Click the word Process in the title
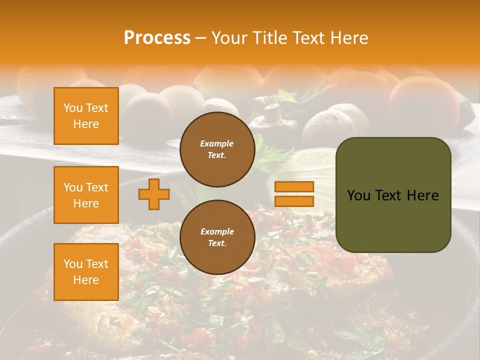157,38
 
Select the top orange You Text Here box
86,116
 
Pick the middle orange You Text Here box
86,195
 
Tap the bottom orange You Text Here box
86,272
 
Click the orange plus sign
153,194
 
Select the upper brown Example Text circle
217,149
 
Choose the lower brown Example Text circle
217,237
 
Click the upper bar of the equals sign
294,187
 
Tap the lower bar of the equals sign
294,201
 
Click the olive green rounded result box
393,220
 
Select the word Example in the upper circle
217,143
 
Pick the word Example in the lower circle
217,231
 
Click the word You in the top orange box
73,108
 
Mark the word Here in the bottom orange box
86,280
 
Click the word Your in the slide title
229,38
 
